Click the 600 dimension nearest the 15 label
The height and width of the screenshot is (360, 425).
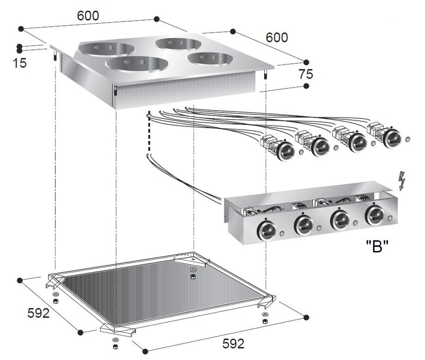(x=88, y=16)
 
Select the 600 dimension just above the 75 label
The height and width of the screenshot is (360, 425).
(x=277, y=38)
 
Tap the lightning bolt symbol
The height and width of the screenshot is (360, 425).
(x=402, y=181)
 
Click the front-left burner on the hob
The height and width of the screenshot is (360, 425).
(x=137, y=64)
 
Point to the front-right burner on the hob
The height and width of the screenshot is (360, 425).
(x=209, y=58)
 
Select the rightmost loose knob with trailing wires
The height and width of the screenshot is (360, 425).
(x=392, y=137)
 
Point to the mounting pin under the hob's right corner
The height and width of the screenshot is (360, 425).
(x=265, y=75)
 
